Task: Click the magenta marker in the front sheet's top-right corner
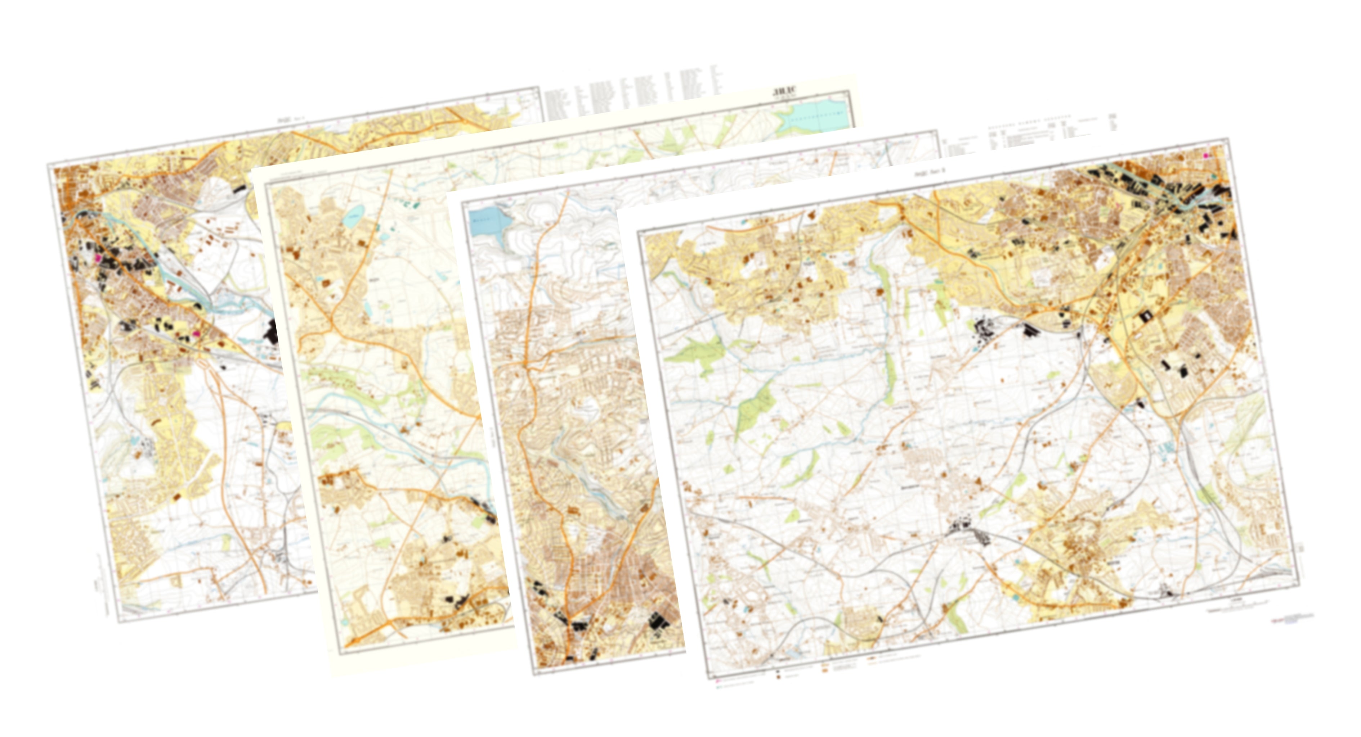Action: [1206, 156]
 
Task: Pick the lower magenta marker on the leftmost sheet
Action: [197, 334]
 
